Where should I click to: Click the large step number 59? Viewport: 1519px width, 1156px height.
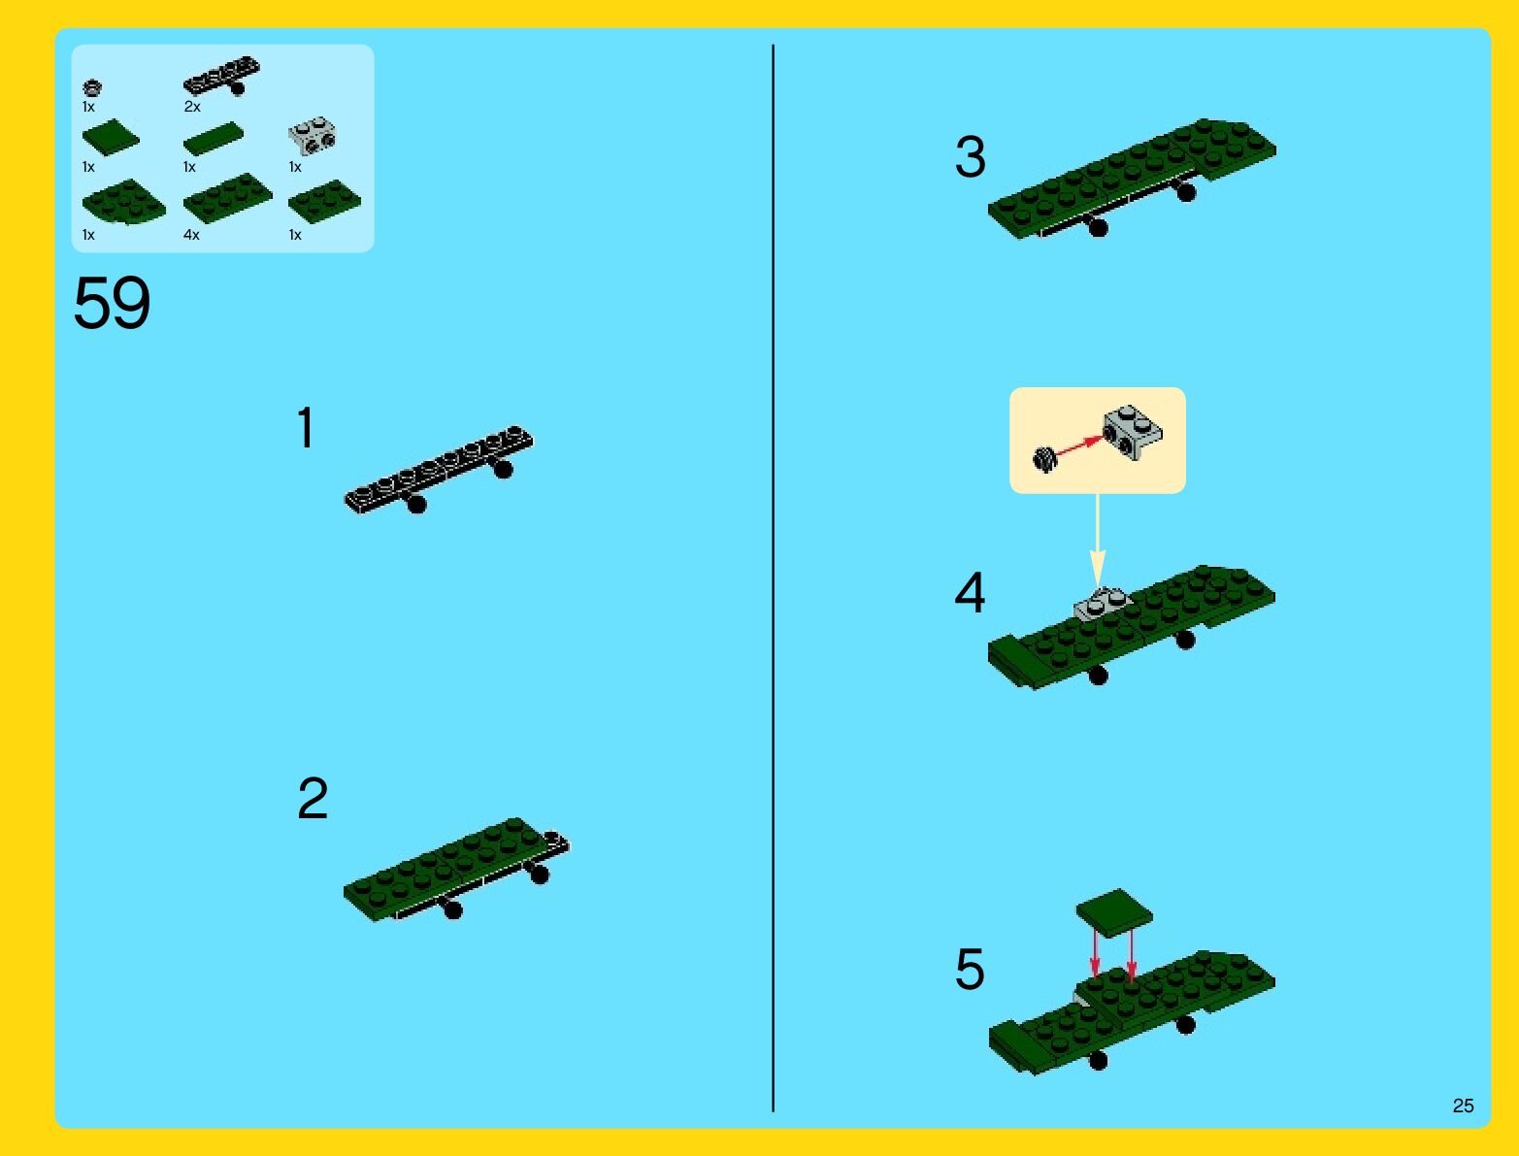coord(112,302)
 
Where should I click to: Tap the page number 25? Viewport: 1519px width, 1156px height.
coord(1463,1106)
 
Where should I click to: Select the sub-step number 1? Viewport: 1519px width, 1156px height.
coord(306,427)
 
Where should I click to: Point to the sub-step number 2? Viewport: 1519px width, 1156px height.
coord(313,798)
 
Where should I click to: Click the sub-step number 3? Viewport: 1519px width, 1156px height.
coord(971,156)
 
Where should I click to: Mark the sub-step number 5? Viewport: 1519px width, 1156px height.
coord(971,969)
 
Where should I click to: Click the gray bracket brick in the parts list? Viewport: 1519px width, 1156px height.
coord(313,136)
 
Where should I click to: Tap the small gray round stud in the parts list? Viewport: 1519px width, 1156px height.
coord(92,88)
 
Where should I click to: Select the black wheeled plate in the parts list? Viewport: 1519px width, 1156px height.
coord(221,76)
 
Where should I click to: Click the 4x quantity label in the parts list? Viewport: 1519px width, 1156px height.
coord(191,235)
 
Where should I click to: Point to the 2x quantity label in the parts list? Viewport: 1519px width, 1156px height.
coord(191,107)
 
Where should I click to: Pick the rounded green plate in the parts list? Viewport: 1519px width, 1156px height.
coord(124,201)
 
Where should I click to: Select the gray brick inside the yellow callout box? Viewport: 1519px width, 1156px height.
coord(1133,432)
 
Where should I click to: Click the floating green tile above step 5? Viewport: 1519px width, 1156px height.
coord(1114,912)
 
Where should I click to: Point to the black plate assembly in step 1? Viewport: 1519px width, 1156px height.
coord(440,470)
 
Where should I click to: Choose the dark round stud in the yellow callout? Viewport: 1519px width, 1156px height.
coord(1045,459)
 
